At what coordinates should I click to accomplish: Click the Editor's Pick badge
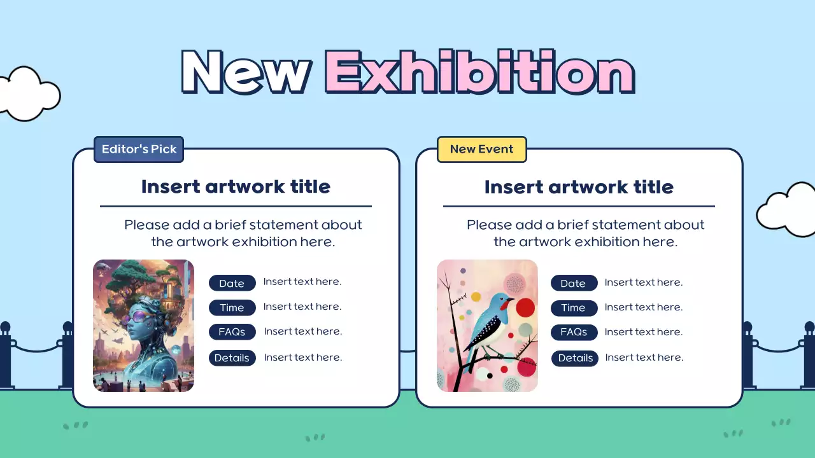139,149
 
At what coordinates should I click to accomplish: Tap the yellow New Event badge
482,149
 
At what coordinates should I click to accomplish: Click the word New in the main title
246,73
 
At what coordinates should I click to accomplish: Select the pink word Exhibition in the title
480,72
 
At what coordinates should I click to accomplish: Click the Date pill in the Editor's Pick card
232,283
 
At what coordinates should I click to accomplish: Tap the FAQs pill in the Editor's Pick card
232,332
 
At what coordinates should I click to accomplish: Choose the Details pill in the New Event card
574,358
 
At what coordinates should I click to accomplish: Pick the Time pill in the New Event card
574,308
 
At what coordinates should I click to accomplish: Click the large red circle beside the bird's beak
525,307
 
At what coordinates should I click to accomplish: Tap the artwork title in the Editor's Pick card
236,187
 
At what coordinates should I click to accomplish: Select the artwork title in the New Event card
579,187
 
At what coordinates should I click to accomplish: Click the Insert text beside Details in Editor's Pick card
303,357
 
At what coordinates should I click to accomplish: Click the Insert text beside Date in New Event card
644,282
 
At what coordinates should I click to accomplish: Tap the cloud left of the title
29,94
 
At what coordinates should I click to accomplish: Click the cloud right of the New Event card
788,210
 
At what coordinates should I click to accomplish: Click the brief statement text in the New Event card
585,233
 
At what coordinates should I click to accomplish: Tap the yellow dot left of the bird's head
476,297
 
